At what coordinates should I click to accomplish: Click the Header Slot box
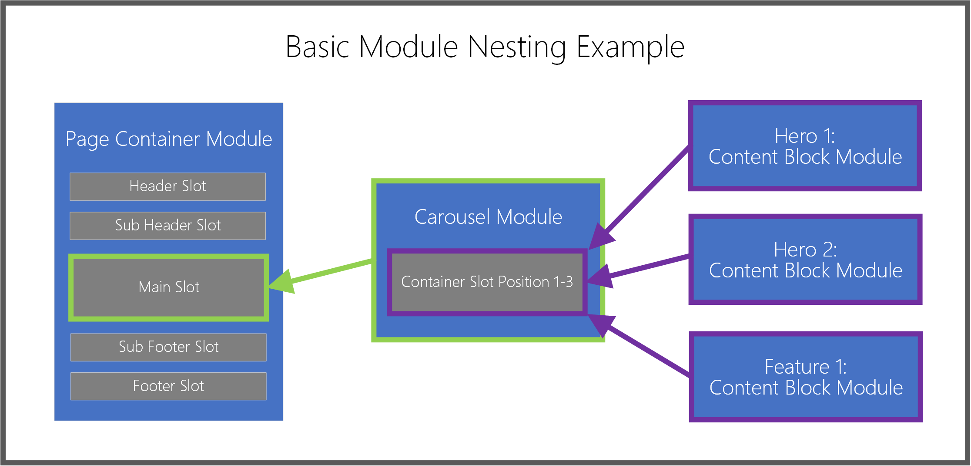tap(167, 186)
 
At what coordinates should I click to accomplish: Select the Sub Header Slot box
tap(167, 226)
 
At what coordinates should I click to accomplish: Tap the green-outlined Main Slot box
tap(169, 287)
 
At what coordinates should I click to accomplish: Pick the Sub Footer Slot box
tap(168, 347)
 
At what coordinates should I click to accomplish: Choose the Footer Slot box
tap(168, 386)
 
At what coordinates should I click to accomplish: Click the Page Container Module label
tap(169, 139)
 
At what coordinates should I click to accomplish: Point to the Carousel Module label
tap(488, 217)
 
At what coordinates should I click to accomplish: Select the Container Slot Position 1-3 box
tap(487, 282)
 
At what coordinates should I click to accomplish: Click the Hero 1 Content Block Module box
tap(805, 146)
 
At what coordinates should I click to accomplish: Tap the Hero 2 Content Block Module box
tap(805, 260)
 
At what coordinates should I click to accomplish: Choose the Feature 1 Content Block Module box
tap(806, 377)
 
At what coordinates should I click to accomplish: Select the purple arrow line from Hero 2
tap(648, 266)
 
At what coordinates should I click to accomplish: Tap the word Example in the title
tap(630, 47)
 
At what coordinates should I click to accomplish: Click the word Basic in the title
tap(317, 47)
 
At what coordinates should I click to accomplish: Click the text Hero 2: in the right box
tap(805, 250)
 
